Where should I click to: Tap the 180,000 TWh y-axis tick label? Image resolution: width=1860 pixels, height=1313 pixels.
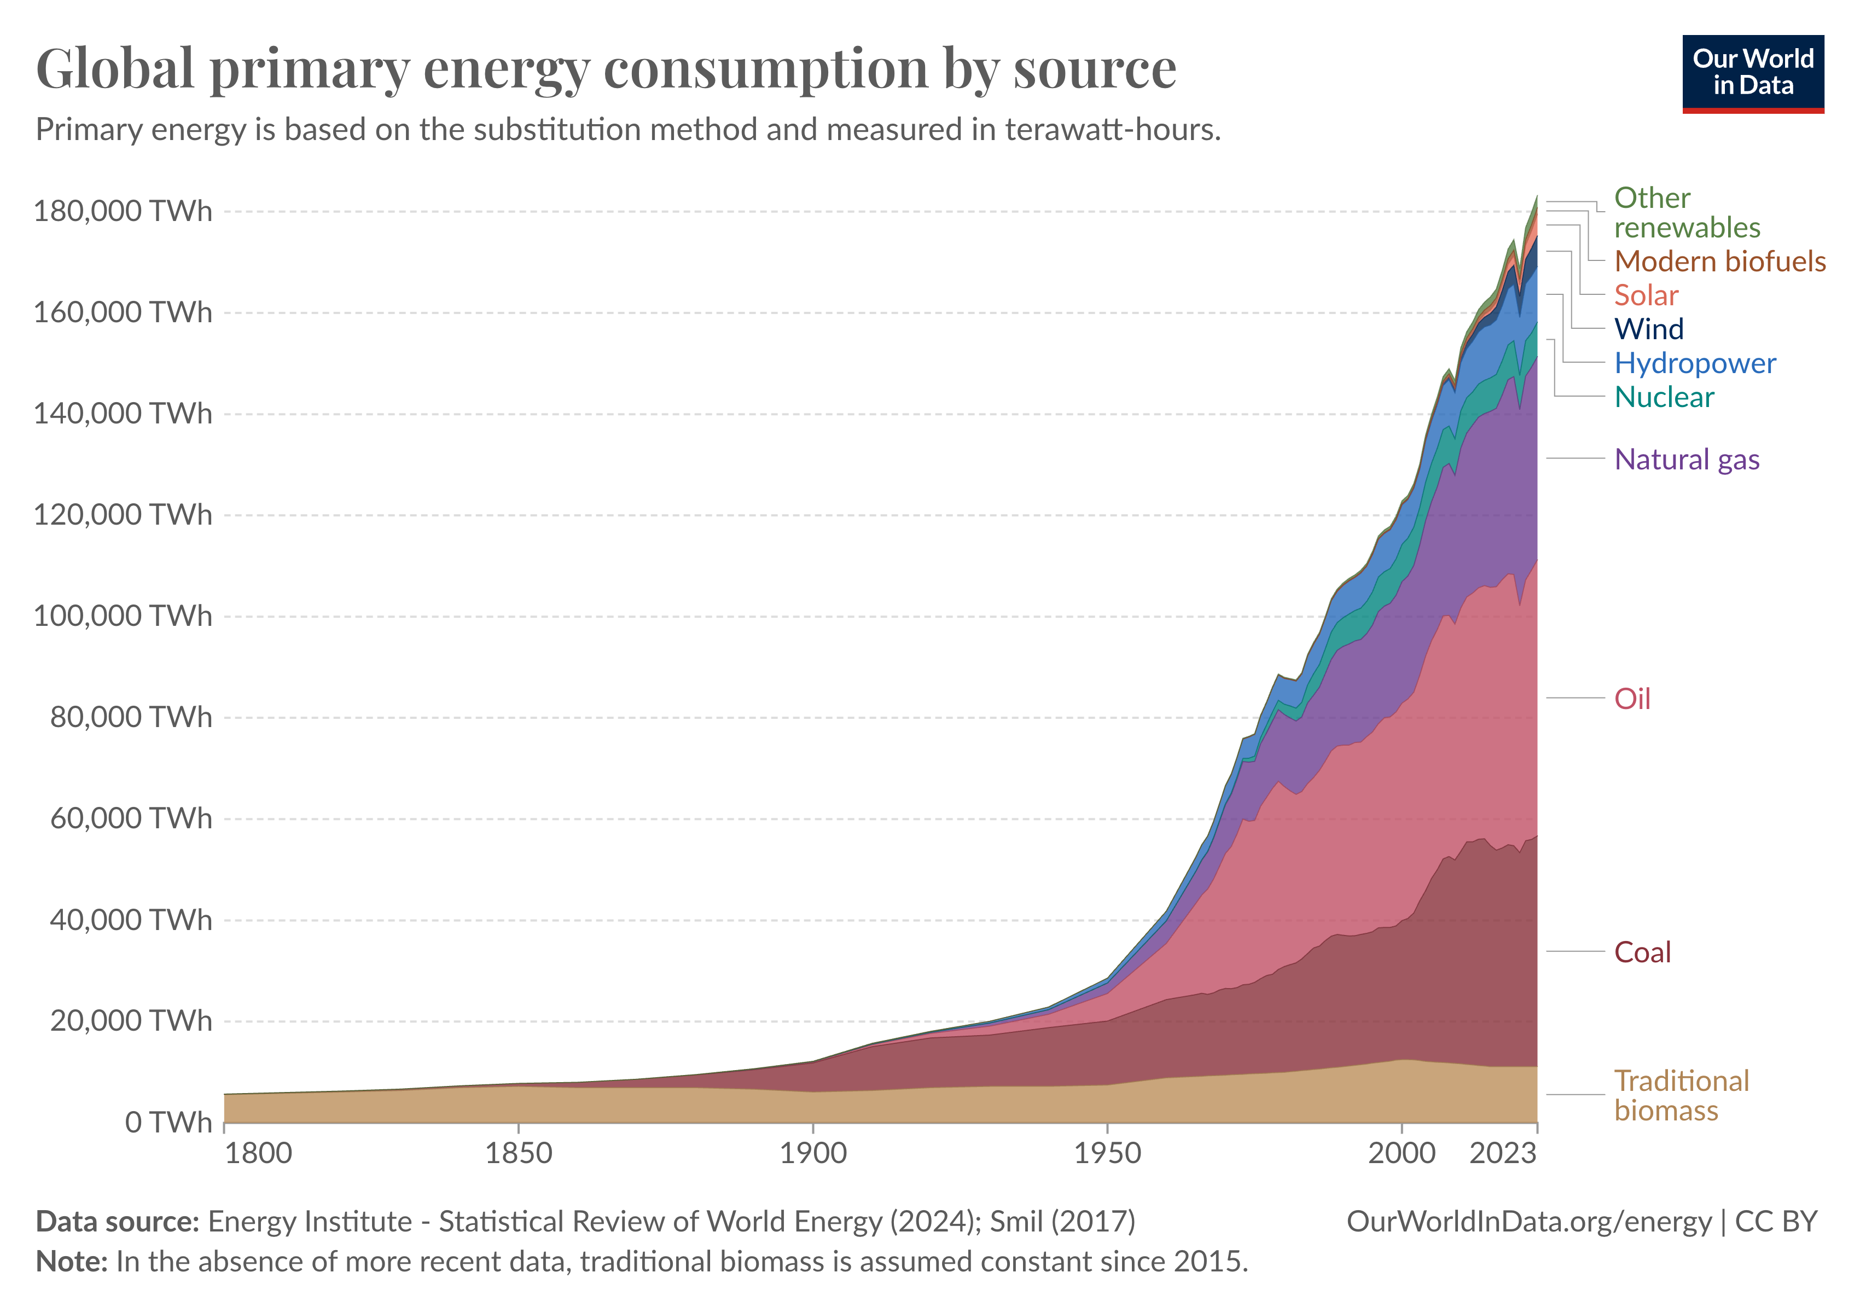click(x=123, y=211)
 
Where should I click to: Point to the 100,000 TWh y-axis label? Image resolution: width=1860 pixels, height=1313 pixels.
click(x=123, y=617)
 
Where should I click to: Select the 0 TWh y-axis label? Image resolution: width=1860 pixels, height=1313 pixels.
click(x=168, y=1123)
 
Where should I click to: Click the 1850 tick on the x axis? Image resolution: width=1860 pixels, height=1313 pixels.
click(x=519, y=1153)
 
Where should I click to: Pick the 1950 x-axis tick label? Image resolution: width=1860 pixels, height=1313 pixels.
click(x=1107, y=1153)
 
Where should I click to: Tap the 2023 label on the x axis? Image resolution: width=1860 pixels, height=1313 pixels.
click(x=1503, y=1153)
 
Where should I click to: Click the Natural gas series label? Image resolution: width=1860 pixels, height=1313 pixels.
click(x=1687, y=459)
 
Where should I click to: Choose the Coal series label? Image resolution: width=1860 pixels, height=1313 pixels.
click(x=1642, y=952)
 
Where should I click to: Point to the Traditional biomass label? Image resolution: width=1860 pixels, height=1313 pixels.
click(x=1681, y=1096)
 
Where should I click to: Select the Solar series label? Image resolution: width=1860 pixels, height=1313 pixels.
click(x=1646, y=295)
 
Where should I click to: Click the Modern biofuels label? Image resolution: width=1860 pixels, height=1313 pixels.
click(x=1719, y=262)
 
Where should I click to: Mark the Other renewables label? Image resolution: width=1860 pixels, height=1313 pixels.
click(x=1687, y=213)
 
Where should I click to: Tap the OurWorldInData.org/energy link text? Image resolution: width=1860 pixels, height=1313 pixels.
click(x=1528, y=1222)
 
